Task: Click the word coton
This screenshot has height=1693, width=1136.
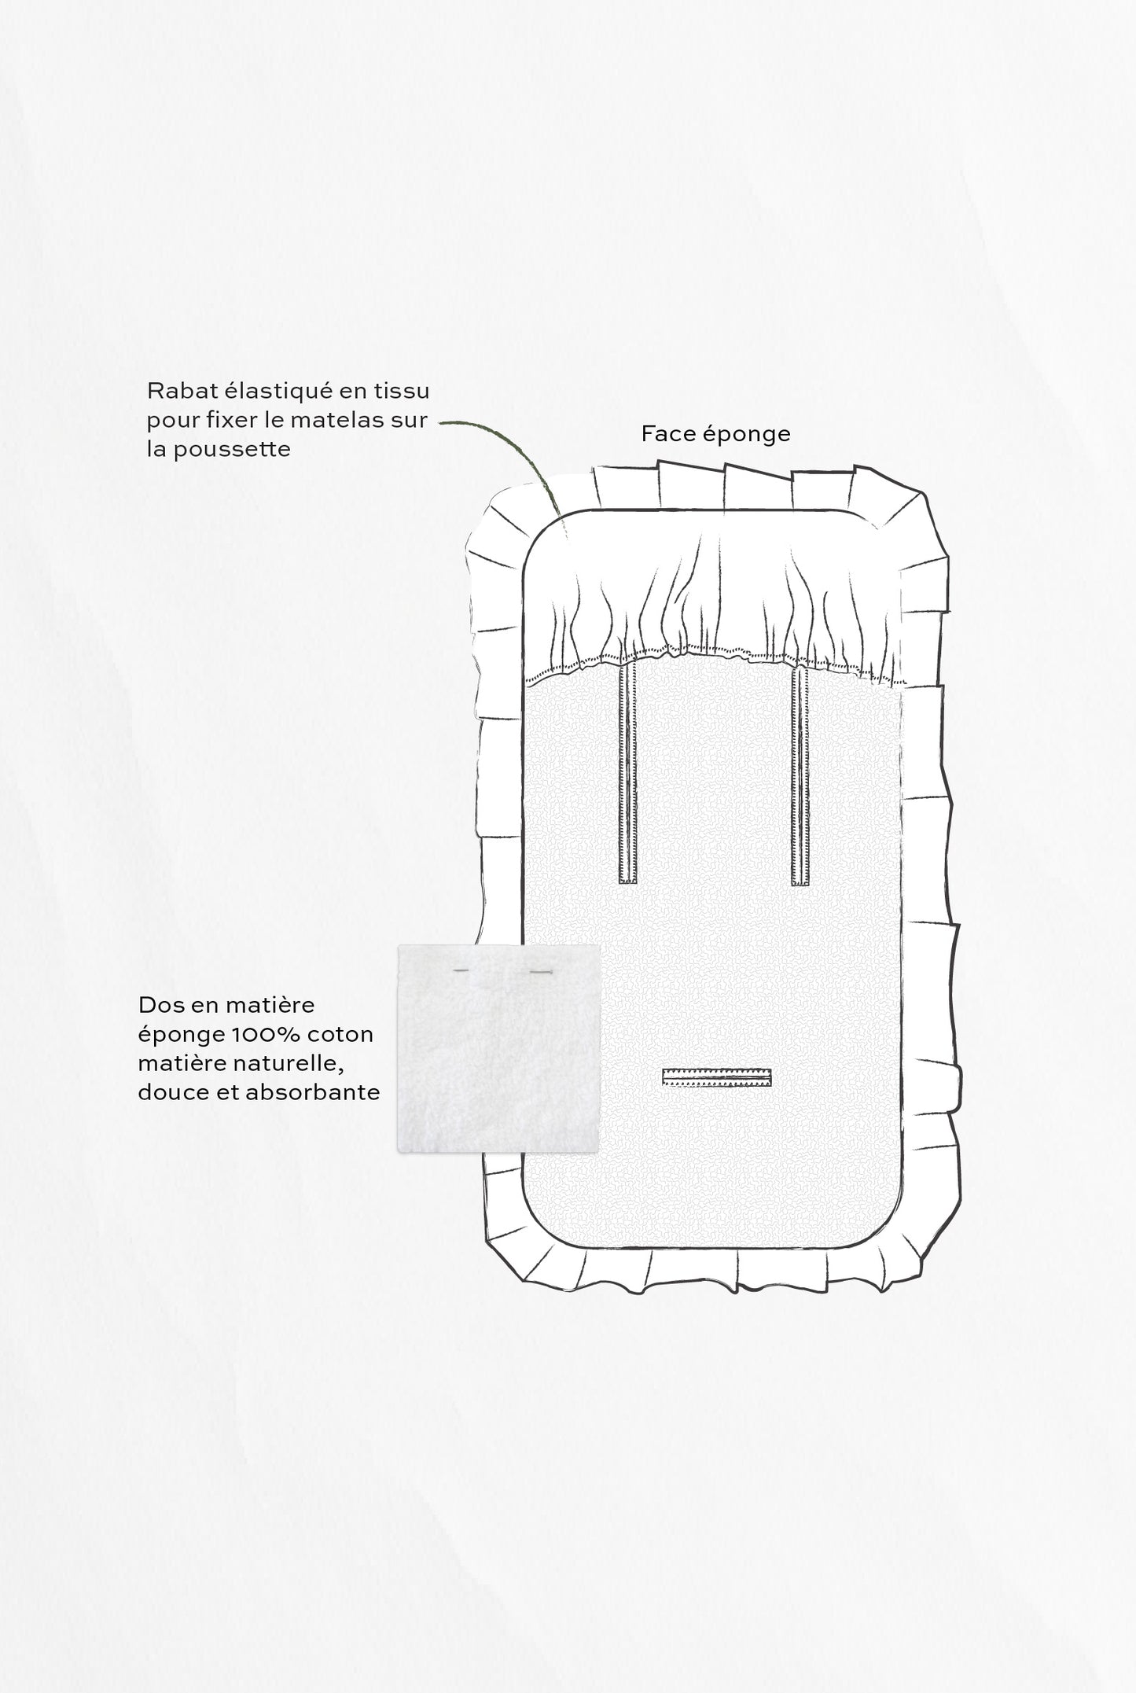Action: pyautogui.click(x=346, y=1034)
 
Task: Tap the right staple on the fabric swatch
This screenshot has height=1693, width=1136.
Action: pyautogui.click(x=541, y=973)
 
